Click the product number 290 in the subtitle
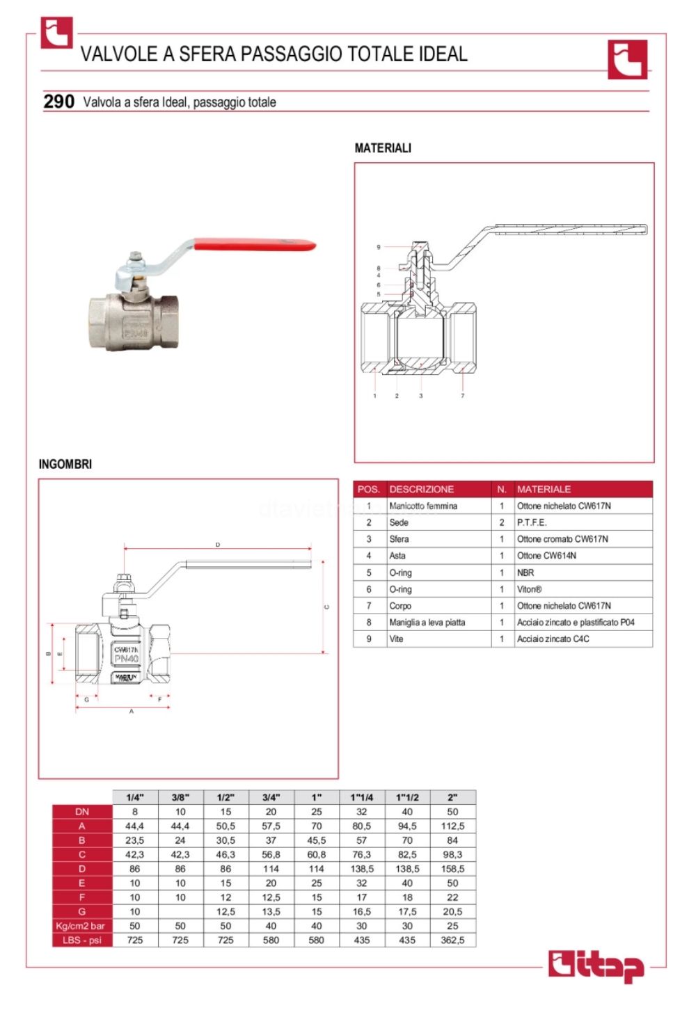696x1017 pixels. point(58,102)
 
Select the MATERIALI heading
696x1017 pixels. point(383,148)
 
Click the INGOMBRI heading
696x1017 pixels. point(65,464)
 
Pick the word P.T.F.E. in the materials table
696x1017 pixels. point(532,522)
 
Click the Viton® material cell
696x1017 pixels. point(529,589)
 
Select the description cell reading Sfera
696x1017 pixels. point(399,539)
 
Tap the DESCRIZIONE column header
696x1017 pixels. point(421,489)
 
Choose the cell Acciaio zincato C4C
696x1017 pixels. point(553,639)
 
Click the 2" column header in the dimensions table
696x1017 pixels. point(452,797)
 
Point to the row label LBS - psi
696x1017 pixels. point(82,940)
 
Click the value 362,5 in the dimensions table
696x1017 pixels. point(452,940)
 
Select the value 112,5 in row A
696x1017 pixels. point(452,826)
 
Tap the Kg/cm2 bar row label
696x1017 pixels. point(81,926)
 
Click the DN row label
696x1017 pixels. point(82,812)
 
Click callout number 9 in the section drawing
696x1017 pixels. point(379,247)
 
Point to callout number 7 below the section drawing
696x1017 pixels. point(462,396)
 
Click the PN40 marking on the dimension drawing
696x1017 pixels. point(126,658)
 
